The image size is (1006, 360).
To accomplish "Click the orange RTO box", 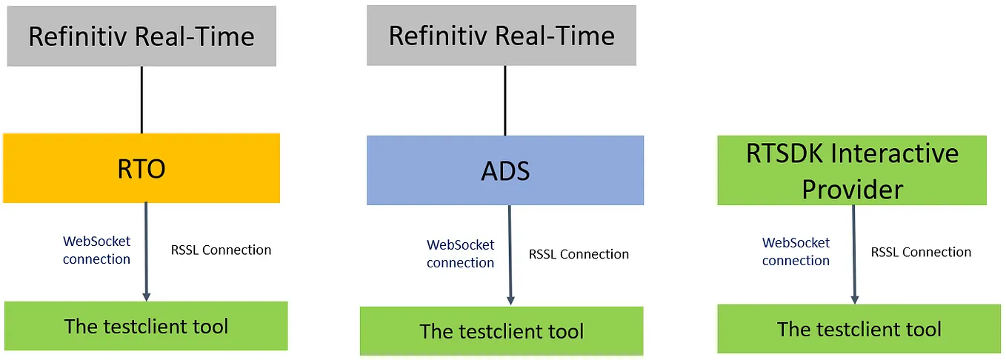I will coord(141,168).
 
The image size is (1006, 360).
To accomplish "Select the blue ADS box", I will coord(505,170).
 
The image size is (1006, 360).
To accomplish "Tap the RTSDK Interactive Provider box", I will coord(852,170).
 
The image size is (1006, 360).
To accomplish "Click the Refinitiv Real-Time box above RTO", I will coord(141,36).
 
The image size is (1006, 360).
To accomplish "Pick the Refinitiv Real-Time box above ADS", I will coord(502,36).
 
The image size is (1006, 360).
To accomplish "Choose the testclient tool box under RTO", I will coord(146,326).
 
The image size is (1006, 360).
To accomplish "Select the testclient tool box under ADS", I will coord(502,331).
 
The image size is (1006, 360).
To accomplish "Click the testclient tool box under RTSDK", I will coord(859,329).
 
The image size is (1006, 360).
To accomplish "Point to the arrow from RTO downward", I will coord(146,252).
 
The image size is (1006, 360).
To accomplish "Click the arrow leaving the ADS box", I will coord(510,256).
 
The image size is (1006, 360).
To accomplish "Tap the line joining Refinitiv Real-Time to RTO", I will coord(141,99).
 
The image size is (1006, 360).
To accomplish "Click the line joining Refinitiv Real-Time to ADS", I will coord(505,100).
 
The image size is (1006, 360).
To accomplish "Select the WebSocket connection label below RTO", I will coord(96,250).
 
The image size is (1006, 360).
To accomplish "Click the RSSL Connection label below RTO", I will coord(221,250).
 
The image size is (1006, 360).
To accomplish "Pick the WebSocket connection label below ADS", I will coord(460,254).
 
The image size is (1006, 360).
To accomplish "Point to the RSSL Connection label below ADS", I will coord(579,255).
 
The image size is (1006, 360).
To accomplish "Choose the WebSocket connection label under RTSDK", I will coord(796,252).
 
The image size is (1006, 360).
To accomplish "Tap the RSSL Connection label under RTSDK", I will coord(921,253).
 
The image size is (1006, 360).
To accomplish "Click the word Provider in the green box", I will coord(853,190).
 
